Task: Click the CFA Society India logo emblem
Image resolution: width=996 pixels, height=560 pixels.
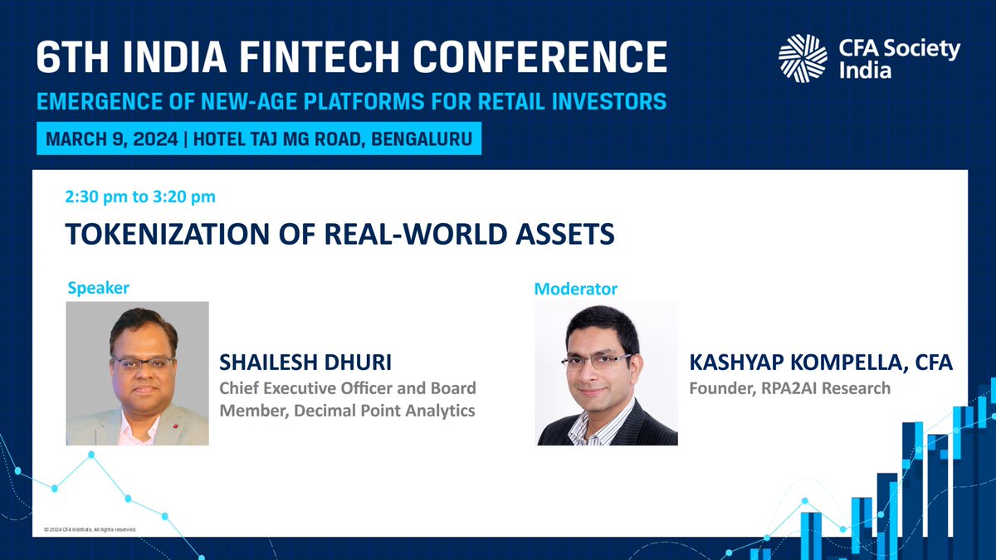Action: tap(803, 58)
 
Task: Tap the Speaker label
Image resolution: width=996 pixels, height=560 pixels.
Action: tap(98, 288)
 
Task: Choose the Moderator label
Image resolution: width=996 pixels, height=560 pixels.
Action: tap(576, 289)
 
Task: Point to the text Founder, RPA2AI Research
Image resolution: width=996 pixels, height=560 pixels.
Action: tap(790, 387)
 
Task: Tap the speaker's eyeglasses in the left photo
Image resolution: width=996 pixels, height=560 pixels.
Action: tap(142, 363)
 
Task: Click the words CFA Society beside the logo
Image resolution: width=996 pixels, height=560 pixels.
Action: tap(896, 50)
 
